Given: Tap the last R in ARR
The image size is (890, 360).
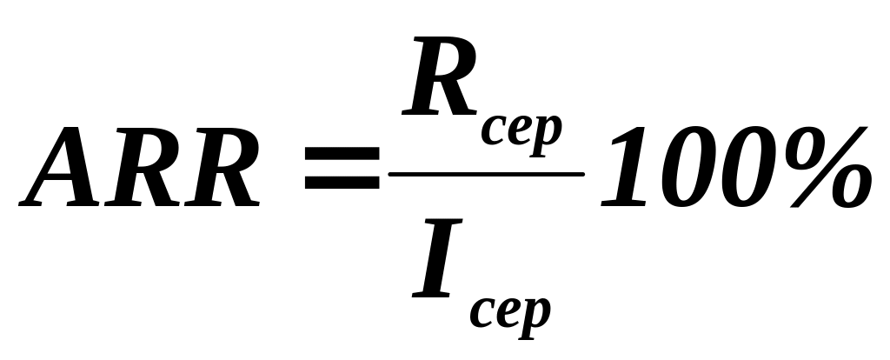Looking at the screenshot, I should point(222,170).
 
